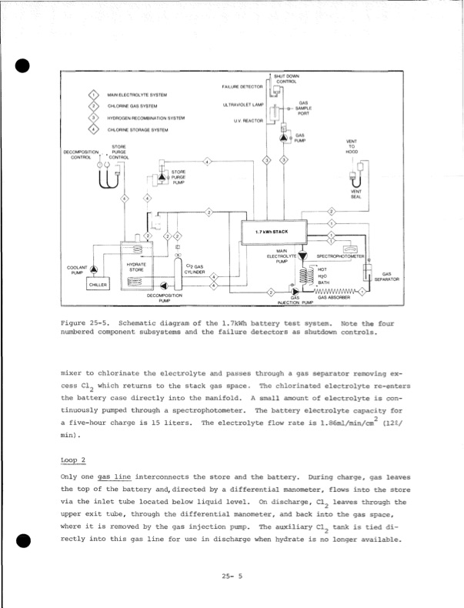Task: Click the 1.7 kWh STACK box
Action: coord(275,230)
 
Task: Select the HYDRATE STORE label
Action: coord(136,267)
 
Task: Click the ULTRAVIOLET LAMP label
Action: coord(243,104)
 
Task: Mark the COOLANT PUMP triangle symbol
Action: coord(93,269)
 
